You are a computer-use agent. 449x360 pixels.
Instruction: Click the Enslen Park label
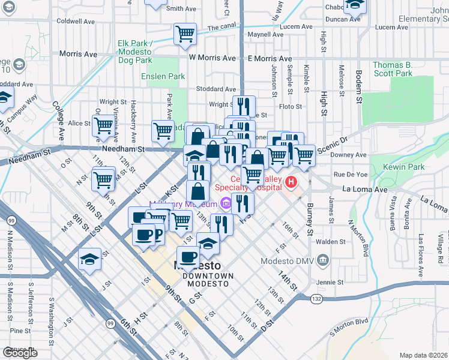(x=163, y=76)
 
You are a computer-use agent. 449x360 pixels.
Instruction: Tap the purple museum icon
(x=226, y=204)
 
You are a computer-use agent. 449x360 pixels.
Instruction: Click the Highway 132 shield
(x=316, y=298)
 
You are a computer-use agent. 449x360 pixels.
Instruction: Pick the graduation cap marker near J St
(x=89, y=259)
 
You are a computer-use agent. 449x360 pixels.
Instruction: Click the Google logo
(x=20, y=353)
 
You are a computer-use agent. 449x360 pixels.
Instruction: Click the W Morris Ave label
(x=212, y=58)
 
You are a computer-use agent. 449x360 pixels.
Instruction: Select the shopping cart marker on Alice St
(x=104, y=125)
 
